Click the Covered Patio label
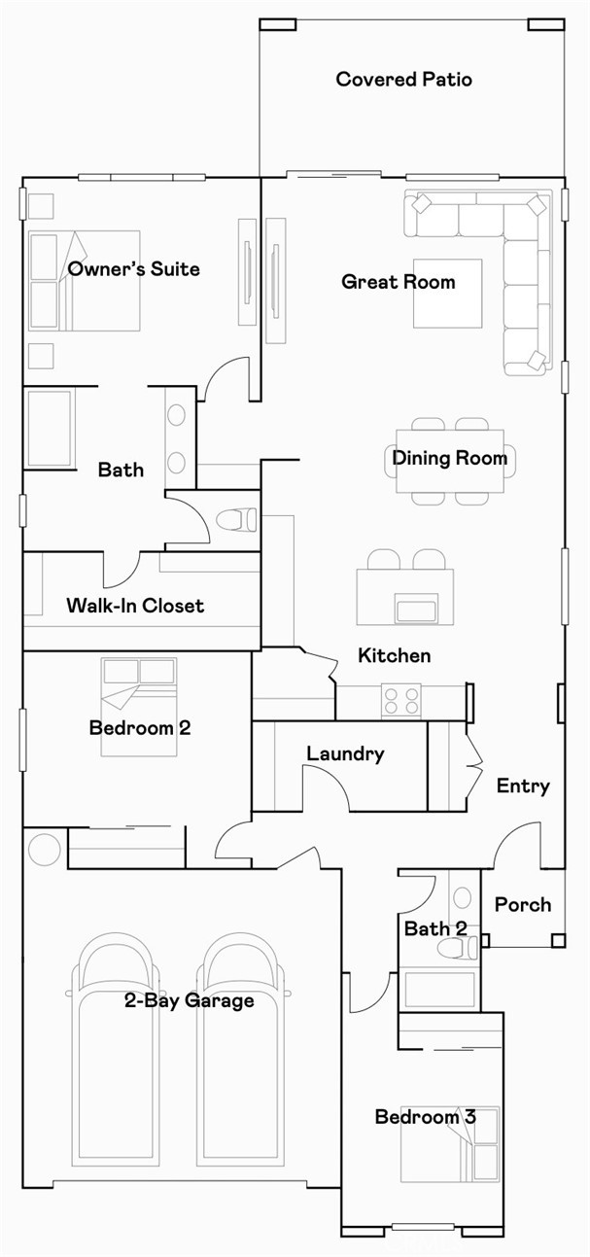click(403, 79)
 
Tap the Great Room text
click(399, 281)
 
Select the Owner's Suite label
click(133, 268)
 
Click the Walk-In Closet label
click(135, 606)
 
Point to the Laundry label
click(345, 753)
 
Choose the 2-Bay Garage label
click(189, 1000)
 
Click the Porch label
click(523, 904)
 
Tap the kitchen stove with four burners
click(401, 701)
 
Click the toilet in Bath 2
click(458, 948)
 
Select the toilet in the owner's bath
click(237, 519)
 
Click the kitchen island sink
click(416, 609)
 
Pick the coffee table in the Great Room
click(447, 294)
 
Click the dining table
click(450, 461)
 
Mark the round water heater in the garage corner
click(44, 850)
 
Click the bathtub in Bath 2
click(439, 990)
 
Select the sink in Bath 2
click(462, 897)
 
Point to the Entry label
click(523, 786)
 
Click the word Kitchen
click(395, 655)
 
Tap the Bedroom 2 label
click(140, 728)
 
